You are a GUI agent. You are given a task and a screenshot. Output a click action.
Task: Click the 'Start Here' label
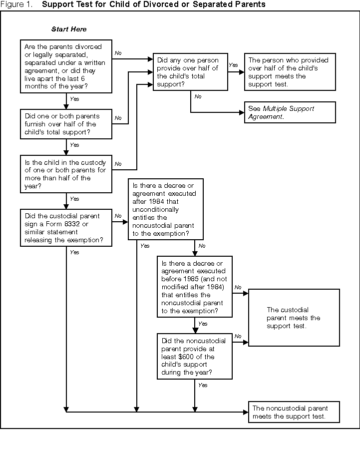click(x=69, y=29)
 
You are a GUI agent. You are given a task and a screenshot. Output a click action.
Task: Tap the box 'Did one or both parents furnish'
click(x=66, y=124)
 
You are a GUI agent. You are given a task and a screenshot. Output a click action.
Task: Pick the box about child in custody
click(x=66, y=173)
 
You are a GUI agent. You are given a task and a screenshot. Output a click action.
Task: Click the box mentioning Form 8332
click(x=66, y=228)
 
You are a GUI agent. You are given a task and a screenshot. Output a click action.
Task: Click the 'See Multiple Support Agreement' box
click(x=290, y=112)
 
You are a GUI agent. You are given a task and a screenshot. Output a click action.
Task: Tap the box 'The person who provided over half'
click(x=290, y=72)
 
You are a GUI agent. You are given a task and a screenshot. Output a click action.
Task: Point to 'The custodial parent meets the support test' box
click(x=294, y=318)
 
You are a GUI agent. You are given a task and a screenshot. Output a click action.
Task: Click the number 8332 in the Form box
click(x=89, y=224)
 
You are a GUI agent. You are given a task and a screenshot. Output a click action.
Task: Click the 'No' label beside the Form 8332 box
click(x=118, y=216)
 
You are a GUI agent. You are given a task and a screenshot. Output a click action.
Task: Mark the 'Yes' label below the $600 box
click(x=202, y=385)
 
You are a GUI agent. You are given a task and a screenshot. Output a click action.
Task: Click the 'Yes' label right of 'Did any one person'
click(x=233, y=65)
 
